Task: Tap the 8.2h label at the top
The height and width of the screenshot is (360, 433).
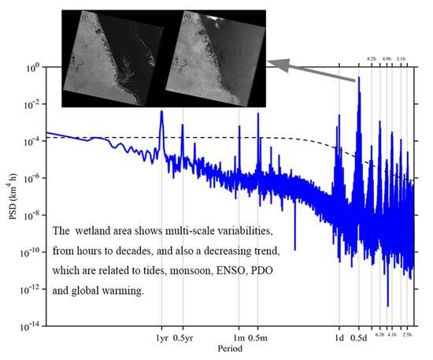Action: click(372, 59)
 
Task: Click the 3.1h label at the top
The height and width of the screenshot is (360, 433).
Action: click(401, 59)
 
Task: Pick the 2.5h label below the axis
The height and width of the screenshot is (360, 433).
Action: click(406, 336)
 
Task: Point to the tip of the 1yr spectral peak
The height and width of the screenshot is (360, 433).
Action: click(161, 112)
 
